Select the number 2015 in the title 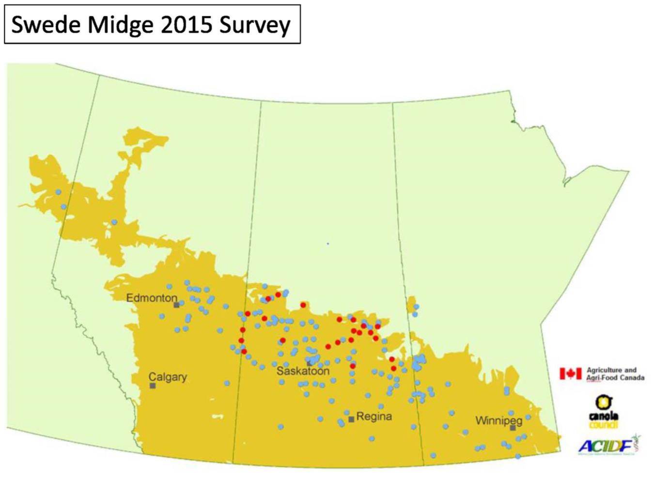click(x=186, y=25)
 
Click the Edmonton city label click(x=152, y=298)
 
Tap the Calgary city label click(x=168, y=377)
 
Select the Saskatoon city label click(x=303, y=371)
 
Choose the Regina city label click(x=374, y=417)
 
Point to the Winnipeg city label click(x=499, y=420)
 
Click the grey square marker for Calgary click(x=153, y=386)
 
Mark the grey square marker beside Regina click(x=351, y=419)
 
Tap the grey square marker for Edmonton click(x=176, y=305)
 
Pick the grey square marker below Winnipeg click(x=513, y=428)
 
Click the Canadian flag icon click(x=570, y=373)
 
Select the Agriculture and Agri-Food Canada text click(x=615, y=373)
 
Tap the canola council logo click(x=604, y=411)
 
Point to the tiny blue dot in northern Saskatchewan click(x=327, y=243)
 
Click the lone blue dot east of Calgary click(x=227, y=383)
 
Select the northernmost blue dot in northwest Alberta click(x=58, y=192)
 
